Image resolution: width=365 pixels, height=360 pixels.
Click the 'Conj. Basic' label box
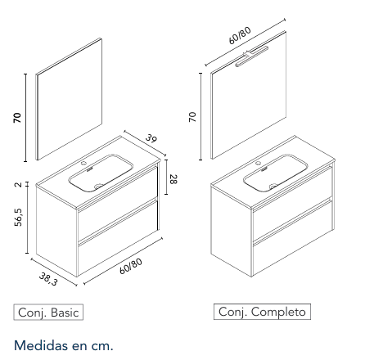point(48,312)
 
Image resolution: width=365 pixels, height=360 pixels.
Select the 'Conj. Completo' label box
point(262,312)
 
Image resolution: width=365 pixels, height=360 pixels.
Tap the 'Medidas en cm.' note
point(64,345)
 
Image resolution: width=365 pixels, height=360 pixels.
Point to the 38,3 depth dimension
point(48,279)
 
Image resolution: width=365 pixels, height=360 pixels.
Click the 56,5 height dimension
point(19,218)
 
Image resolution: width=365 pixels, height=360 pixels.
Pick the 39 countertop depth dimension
point(151,137)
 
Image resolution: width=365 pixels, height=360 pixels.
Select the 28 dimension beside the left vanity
point(173,179)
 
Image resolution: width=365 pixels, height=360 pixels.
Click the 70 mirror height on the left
point(17,118)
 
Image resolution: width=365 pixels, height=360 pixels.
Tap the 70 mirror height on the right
point(192,117)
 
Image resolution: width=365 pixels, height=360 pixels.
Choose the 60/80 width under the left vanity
point(131,266)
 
